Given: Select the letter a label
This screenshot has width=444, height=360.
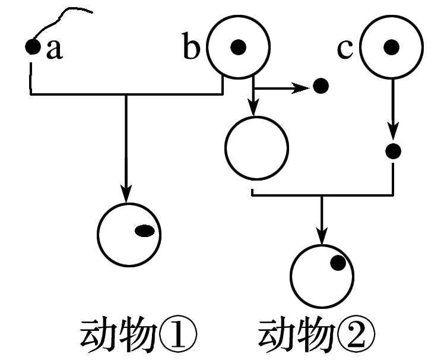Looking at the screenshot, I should coord(54,50).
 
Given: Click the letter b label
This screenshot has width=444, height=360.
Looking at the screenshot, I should coord(191,48).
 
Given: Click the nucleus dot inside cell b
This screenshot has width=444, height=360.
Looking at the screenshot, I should coord(238,46).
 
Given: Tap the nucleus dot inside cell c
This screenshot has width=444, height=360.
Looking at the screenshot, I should coord(391,46).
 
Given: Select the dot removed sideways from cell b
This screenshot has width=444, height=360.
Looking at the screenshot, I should coord(321,87).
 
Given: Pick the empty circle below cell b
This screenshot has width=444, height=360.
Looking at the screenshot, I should coord(256,147).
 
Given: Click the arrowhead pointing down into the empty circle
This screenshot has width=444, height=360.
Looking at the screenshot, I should coord(253,109).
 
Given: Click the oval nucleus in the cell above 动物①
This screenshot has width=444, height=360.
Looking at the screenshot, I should coord(145,231).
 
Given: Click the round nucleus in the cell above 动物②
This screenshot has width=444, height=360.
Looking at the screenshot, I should coord(338,263).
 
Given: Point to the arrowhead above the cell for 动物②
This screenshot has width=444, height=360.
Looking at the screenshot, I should coord(322,237).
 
